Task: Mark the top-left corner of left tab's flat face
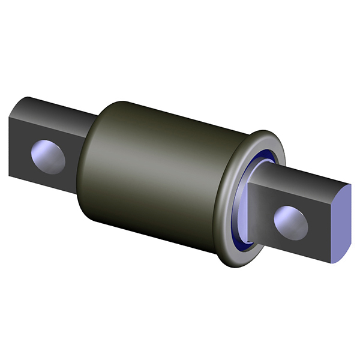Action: coord(10,116)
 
